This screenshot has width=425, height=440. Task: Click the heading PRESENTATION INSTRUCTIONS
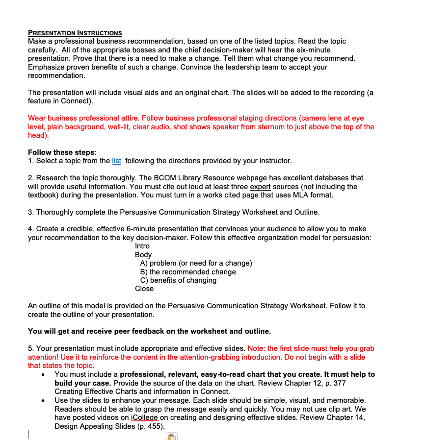click(75, 33)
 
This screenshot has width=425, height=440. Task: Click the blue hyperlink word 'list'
click(117, 161)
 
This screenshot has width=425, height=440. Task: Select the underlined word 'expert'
click(261, 187)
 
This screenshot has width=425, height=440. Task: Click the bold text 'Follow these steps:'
click(62, 152)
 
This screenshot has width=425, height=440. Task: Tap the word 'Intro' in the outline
click(142, 246)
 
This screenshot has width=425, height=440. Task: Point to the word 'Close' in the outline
click(144, 289)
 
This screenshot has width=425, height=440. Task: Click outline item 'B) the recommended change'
click(188, 272)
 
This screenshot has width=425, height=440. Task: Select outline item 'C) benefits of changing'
click(178, 280)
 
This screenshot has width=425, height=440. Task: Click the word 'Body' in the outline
click(143, 255)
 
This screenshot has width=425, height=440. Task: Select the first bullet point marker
click(44, 375)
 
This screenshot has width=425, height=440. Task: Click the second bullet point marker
click(44, 401)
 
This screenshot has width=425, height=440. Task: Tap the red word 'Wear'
click(37, 118)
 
